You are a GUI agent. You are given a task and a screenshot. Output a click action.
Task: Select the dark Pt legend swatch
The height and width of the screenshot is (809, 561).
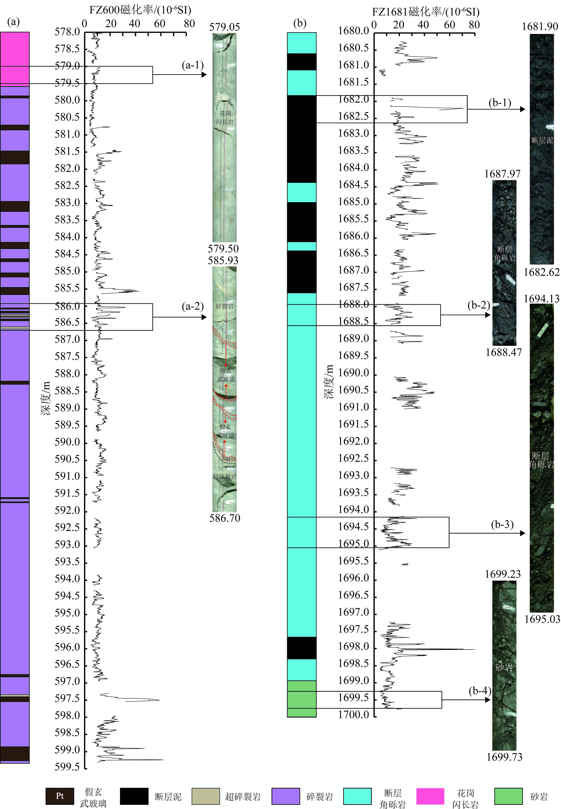[60, 796]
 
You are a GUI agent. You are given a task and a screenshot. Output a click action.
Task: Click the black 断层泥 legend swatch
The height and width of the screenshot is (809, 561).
[134, 796]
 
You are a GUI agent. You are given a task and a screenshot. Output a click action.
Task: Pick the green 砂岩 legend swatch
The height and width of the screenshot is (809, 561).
[508, 796]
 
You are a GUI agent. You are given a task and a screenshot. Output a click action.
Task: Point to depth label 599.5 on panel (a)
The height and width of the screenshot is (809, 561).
[67, 767]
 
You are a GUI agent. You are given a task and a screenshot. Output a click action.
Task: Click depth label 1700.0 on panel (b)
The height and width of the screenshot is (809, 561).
[354, 715]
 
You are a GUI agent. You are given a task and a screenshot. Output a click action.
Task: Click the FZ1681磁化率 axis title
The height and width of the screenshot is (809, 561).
[426, 12]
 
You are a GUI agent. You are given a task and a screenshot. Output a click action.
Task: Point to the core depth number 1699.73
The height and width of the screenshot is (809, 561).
[504, 757]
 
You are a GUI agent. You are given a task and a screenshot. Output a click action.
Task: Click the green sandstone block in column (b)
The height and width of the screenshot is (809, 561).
[302, 699]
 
